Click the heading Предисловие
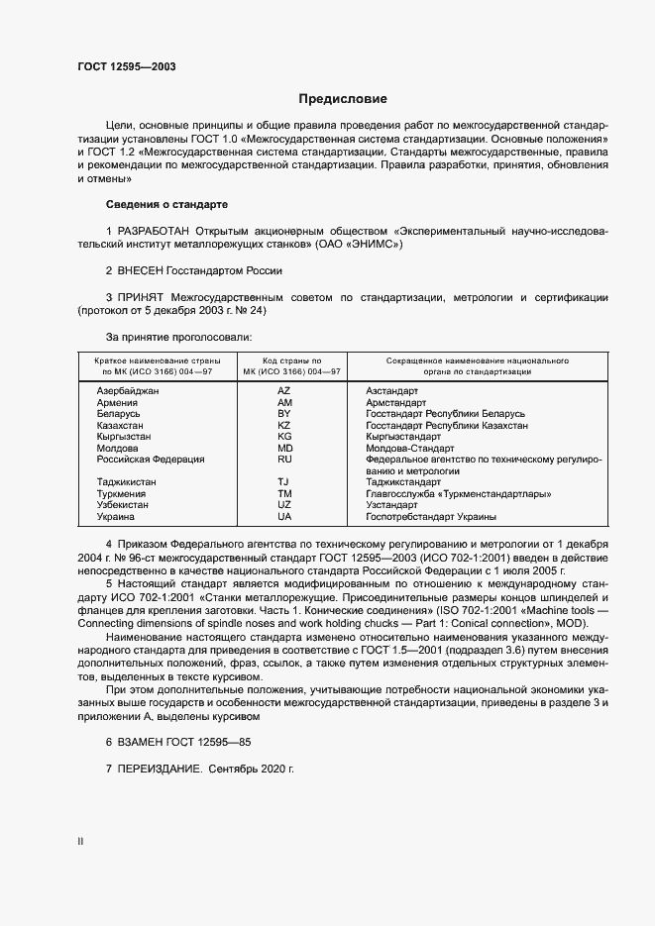coord(343,99)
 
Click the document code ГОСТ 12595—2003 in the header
coord(128,67)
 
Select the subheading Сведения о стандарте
coord(166,204)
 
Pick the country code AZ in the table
coord(284,391)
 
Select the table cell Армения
coord(117,403)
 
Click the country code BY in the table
coord(284,414)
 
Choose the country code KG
coord(284,436)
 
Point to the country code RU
coord(284,459)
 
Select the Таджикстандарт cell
coord(404,482)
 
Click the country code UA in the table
coord(284,516)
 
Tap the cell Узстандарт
coord(392,505)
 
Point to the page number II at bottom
coord(81,842)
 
